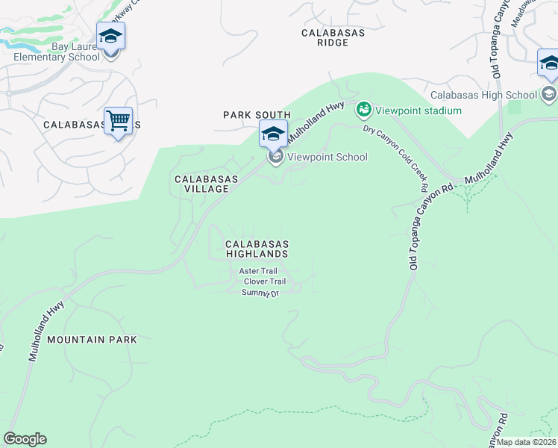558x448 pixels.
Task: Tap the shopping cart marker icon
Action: click(118, 119)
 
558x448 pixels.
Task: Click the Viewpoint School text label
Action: click(327, 157)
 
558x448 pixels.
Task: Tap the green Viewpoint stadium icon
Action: click(364, 111)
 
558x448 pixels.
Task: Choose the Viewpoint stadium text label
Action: click(418, 111)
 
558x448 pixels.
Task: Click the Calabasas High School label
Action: click(483, 95)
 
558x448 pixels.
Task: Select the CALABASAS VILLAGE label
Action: click(206, 184)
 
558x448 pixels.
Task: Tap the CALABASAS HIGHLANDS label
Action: click(257, 249)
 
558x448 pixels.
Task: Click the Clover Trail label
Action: click(265, 281)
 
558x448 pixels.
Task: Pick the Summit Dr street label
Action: click(260, 293)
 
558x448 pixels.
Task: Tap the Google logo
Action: click(25, 439)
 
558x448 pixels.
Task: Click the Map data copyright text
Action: click(527, 442)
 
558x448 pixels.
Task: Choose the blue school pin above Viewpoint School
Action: click(274, 134)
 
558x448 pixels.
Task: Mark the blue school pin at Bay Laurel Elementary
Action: click(110, 35)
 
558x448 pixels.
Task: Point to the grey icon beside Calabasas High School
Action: click(549, 94)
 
